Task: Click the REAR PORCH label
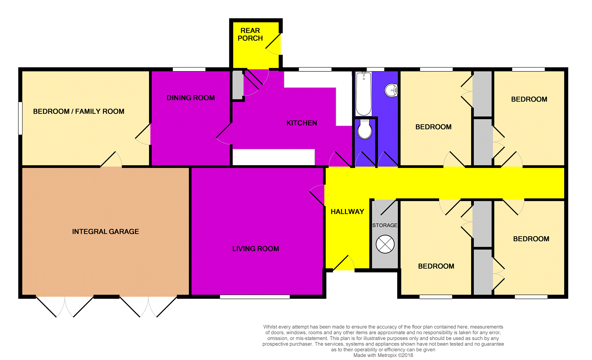coord(250,35)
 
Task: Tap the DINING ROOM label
coord(191,98)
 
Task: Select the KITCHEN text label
coord(302,123)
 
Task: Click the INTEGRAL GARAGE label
coord(105,231)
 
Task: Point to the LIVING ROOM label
coord(256,249)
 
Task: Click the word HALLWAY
coord(347,211)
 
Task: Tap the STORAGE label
coord(385,225)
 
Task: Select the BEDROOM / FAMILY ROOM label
coord(79,111)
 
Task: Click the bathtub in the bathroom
coord(363,94)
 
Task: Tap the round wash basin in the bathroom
coord(391,90)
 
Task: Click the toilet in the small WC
coord(365,129)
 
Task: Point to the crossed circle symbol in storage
coord(385,244)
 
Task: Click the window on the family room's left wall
coord(20,118)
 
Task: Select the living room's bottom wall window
coord(255,297)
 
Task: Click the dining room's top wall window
coord(189,69)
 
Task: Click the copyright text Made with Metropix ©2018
coord(383,355)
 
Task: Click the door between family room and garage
coord(111,160)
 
